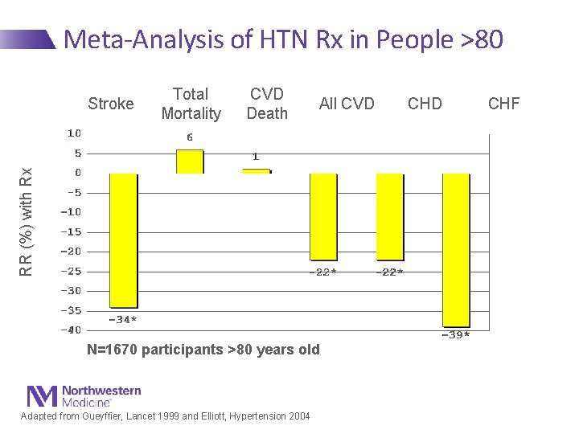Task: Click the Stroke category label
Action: click(x=111, y=104)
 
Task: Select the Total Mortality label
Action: click(x=191, y=104)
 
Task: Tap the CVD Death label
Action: click(x=267, y=104)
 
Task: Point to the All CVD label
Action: click(x=347, y=104)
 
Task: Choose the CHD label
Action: click(x=425, y=104)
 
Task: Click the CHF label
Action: click(x=504, y=104)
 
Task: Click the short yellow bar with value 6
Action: click(x=190, y=162)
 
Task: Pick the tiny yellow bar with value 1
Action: click(x=257, y=170)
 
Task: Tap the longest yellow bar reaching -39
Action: click(x=456, y=249)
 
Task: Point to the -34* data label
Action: click(x=123, y=320)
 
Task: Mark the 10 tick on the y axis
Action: click(x=73, y=133)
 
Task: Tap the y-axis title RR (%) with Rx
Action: click(x=27, y=222)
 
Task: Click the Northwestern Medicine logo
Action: click(x=84, y=395)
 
